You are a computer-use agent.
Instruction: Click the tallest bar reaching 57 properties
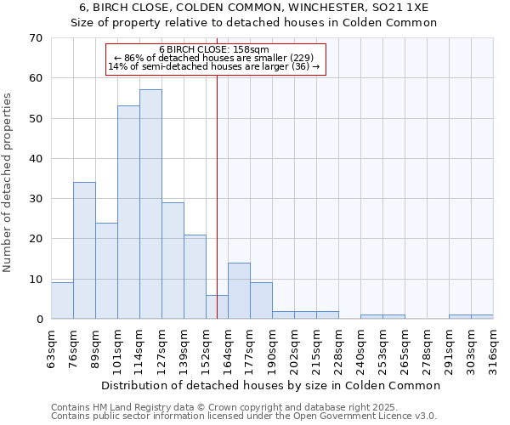click(150, 204)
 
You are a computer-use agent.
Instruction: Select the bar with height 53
click(128, 212)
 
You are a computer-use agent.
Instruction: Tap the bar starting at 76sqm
click(84, 251)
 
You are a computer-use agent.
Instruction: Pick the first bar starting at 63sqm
click(62, 301)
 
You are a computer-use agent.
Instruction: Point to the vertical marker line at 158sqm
click(217, 212)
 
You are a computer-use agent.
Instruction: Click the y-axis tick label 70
click(36, 38)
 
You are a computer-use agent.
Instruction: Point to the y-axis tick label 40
click(36, 159)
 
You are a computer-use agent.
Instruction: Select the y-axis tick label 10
click(36, 280)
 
